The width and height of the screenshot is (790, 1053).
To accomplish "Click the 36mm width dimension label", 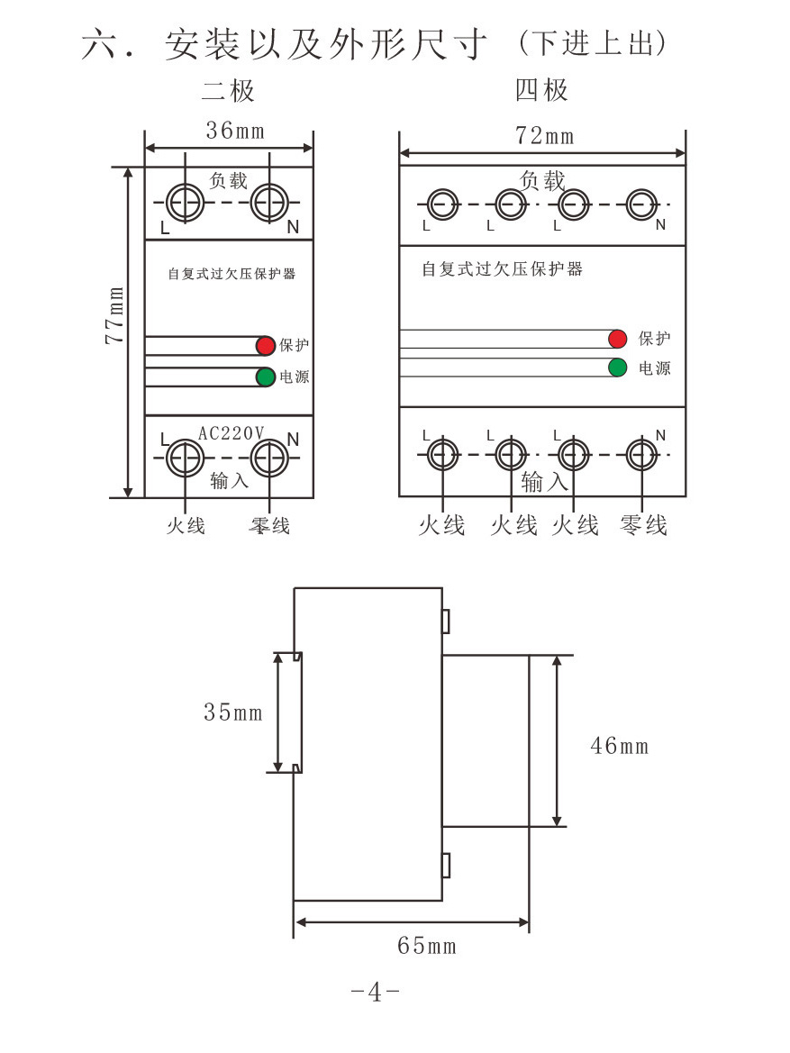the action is pos(235,131).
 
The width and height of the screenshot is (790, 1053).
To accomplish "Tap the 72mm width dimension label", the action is pos(545,136).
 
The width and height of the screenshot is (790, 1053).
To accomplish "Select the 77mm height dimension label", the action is pos(115,315).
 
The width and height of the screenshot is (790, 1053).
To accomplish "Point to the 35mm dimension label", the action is pos(233,712).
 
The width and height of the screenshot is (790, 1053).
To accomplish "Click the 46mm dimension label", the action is pos(620,746).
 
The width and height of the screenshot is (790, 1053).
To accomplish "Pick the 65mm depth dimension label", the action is pos(427,946).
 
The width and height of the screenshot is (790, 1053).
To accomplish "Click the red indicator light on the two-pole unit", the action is pos(266,345).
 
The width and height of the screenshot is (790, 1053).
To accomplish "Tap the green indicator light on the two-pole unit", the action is pos(266,377).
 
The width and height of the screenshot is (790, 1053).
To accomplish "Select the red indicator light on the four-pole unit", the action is pos(617,339).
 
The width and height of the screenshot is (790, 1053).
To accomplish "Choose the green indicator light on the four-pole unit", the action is pos(617,368).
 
